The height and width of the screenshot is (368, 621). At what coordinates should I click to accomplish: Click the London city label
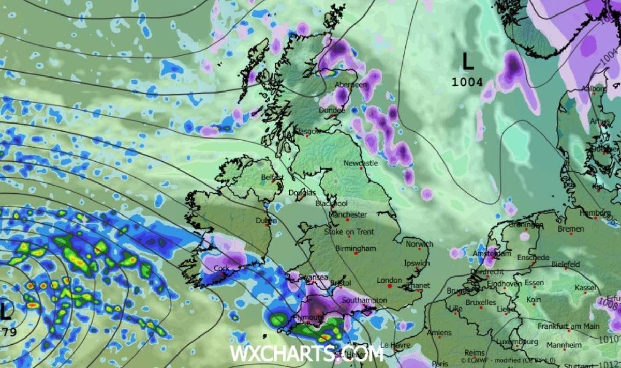pyautogui.click(x=389, y=280)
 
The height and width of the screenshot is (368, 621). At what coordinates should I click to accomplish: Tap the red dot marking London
pyautogui.click(x=389, y=286)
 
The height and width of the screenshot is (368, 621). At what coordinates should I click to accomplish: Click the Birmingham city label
pyautogui.click(x=356, y=248)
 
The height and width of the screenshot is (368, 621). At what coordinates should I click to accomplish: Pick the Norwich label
pyautogui.click(x=419, y=244)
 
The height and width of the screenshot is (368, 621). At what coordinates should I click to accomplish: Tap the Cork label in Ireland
pyautogui.click(x=222, y=269)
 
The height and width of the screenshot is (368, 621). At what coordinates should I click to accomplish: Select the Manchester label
pyautogui.click(x=348, y=214)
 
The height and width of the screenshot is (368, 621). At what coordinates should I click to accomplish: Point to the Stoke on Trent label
pyautogui.click(x=349, y=232)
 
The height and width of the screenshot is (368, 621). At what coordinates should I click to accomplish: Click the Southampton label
pyautogui.click(x=365, y=300)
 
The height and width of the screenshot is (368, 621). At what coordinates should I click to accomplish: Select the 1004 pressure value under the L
pyautogui.click(x=467, y=82)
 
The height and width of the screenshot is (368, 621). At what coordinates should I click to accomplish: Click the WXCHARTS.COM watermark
pyautogui.click(x=306, y=354)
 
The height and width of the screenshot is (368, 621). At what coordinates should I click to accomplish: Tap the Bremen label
pyautogui.click(x=571, y=228)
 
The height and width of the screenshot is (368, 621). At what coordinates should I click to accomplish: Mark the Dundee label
pyautogui.click(x=332, y=110)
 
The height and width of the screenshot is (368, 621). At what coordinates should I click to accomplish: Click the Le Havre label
pyautogui.click(x=391, y=345)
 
